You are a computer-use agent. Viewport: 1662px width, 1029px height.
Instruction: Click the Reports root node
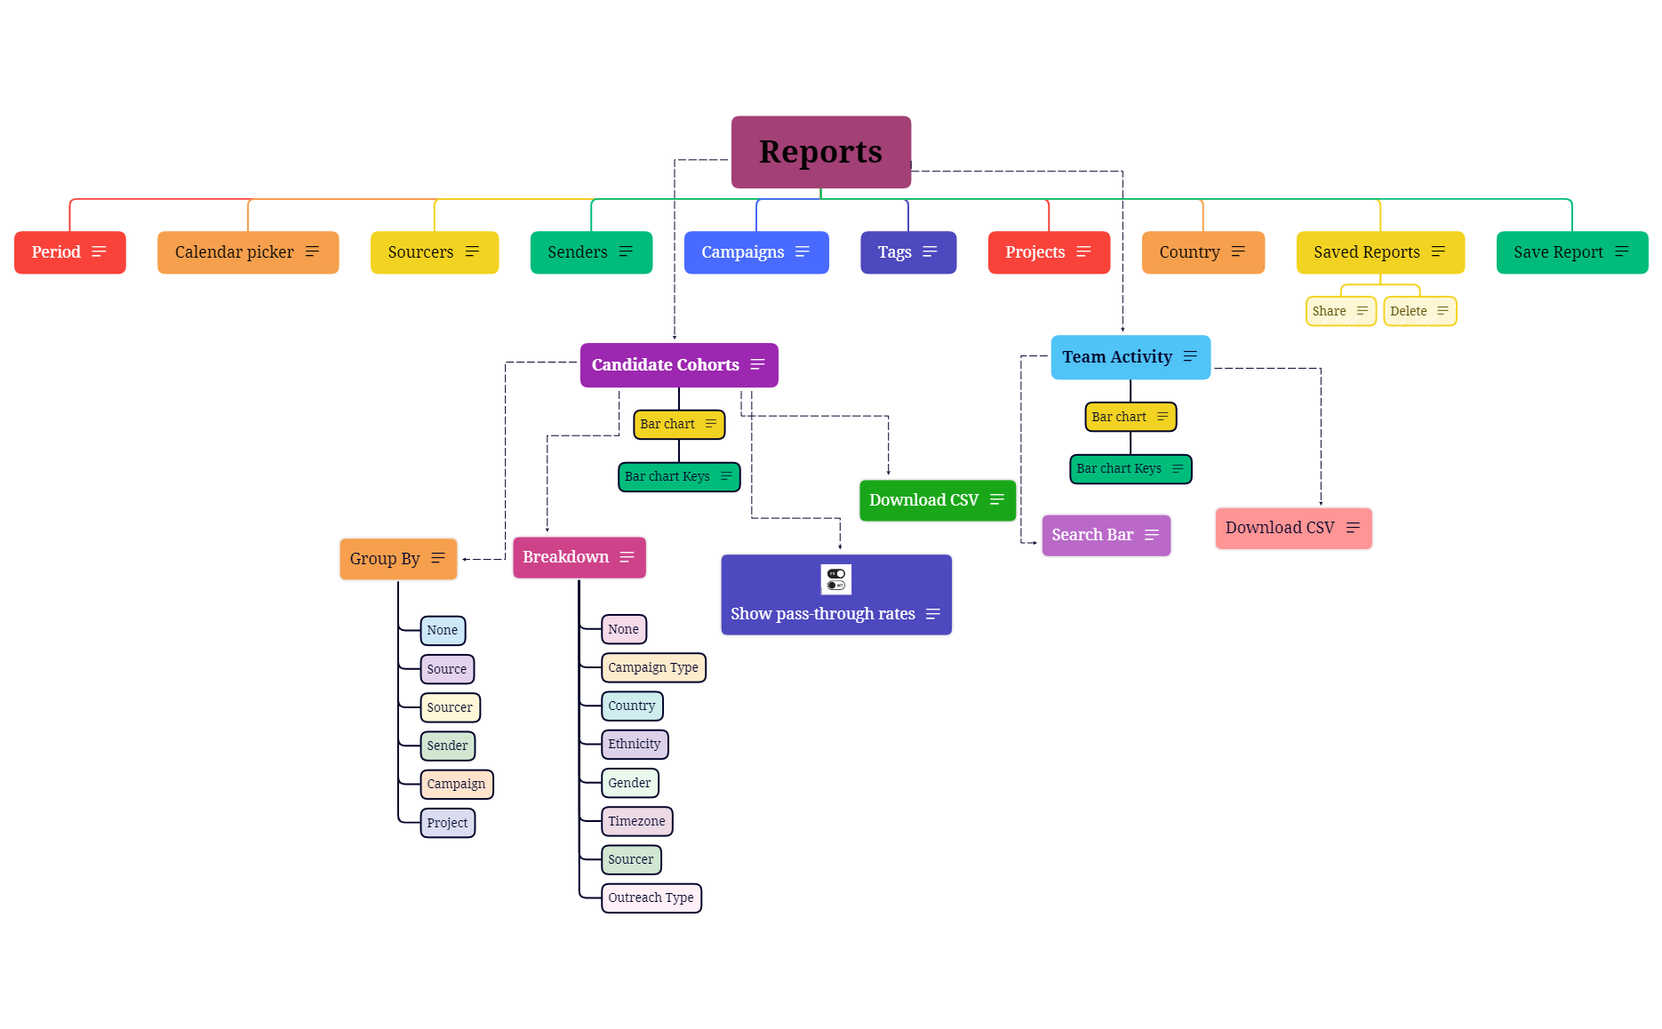click(820, 152)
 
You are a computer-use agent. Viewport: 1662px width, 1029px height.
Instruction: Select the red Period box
click(69, 252)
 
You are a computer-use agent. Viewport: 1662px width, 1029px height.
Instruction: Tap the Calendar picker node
click(247, 252)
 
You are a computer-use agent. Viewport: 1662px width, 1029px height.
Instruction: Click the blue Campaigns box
click(755, 252)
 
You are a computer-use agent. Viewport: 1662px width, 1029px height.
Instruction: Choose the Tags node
click(907, 252)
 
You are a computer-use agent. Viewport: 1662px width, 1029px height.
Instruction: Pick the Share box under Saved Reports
click(1339, 311)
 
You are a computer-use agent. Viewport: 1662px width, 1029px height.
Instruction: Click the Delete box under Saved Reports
click(1418, 311)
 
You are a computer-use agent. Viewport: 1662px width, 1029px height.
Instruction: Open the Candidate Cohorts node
click(678, 365)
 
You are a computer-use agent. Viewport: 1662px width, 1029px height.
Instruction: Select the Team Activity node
click(1130, 357)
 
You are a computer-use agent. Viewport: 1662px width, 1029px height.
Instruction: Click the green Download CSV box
click(937, 500)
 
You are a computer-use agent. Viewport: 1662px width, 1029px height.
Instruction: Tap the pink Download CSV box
click(1292, 528)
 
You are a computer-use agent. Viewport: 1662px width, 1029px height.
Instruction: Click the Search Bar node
click(1105, 535)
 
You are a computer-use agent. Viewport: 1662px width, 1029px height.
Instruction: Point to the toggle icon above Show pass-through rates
click(835, 579)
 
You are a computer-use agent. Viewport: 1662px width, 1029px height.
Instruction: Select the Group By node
click(397, 559)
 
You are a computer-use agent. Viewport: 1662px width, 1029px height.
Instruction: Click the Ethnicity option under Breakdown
click(634, 745)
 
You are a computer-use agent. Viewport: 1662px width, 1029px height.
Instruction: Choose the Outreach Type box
click(651, 898)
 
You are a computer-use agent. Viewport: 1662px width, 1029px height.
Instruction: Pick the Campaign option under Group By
click(456, 785)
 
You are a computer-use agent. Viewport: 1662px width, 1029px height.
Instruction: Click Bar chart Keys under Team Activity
click(1130, 469)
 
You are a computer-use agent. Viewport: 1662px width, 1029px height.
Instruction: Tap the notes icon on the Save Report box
click(1621, 252)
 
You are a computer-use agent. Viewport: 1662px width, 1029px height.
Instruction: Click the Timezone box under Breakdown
click(636, 822)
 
